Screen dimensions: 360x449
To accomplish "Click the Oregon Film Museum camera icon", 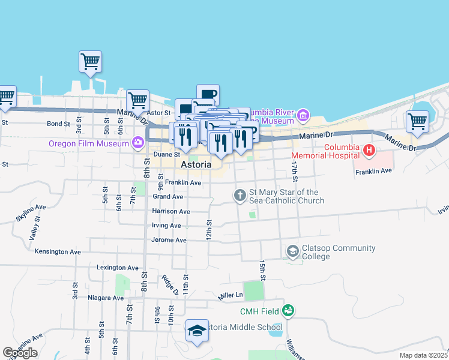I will click(139, 142).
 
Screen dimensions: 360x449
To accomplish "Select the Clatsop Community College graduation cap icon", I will click(293, 250).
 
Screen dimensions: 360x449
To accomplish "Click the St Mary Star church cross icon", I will click(240, 194).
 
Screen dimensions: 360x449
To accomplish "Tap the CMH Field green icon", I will click(289, 310).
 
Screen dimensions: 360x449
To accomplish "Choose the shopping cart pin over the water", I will click(90, 61).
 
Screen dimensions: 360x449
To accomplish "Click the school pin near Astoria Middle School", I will click(197, 331).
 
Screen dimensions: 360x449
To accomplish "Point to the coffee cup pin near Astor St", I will click(208, 95).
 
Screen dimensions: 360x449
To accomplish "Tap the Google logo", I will click(19, 353).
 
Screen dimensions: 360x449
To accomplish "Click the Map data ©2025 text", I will click(423, 355).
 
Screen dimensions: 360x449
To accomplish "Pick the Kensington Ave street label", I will click(58, 251).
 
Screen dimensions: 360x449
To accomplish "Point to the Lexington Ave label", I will click(118, 268).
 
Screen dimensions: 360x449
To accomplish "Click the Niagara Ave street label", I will click(104, 298).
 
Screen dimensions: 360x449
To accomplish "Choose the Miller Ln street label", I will click(230, 295).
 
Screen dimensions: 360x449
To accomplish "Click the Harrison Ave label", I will click(171, 211).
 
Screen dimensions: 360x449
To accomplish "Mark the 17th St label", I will click(294, 169).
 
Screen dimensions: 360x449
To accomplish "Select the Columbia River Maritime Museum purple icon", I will click(303, 114).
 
